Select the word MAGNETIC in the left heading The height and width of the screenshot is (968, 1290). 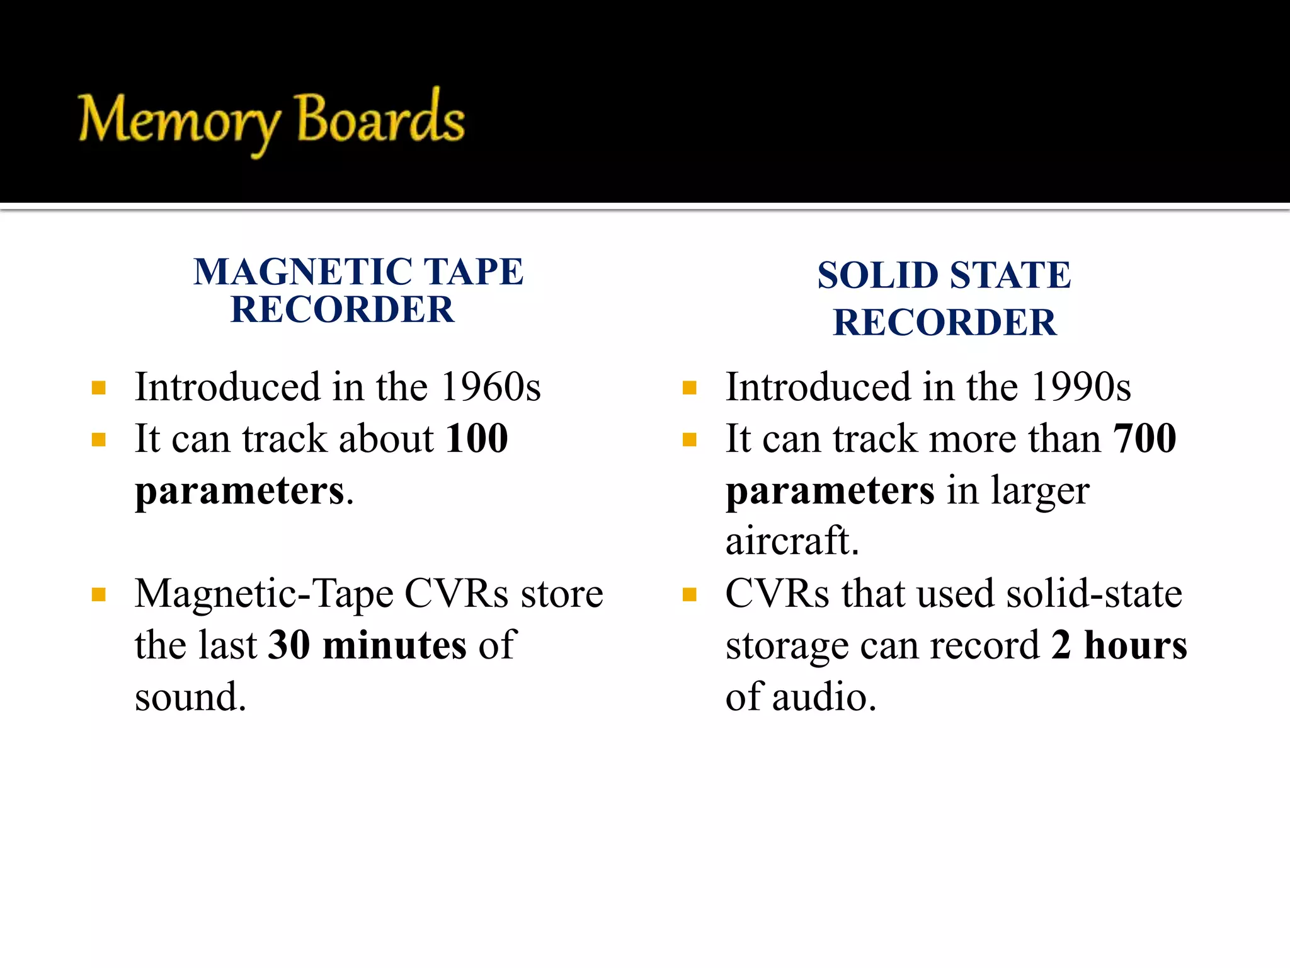(303, 272)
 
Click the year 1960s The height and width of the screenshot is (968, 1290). (491, 386)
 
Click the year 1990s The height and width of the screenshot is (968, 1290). (1081, 386)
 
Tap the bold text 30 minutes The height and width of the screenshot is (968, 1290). (367, 645)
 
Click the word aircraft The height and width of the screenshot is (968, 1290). (792, 541)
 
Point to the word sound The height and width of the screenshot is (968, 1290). (190, 697)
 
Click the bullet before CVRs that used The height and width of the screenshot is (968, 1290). (690, 594)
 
